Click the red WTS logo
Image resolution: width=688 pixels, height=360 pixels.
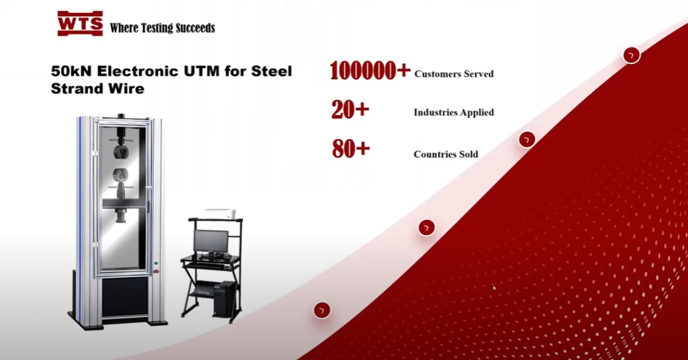80,24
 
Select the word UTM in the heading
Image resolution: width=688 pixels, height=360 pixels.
201,71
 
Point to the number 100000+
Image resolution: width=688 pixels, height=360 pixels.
370,70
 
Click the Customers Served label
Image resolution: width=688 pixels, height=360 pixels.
454,74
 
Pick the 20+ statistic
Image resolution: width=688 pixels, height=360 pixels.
350,110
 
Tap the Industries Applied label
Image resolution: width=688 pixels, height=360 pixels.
454,113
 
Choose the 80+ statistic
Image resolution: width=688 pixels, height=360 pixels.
351,149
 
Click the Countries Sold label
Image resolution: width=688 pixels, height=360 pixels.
446,154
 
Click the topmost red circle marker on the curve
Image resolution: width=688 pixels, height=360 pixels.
631,55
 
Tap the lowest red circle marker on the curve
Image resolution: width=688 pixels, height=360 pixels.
322,310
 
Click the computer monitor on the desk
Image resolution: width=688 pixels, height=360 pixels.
211,241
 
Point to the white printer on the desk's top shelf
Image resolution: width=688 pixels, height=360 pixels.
220,214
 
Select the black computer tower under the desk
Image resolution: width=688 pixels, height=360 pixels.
224,299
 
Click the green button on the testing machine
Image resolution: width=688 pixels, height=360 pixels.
156,263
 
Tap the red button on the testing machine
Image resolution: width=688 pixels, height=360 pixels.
156,271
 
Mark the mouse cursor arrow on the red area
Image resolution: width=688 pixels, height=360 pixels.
494,288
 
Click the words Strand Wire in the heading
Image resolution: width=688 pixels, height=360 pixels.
98,89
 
